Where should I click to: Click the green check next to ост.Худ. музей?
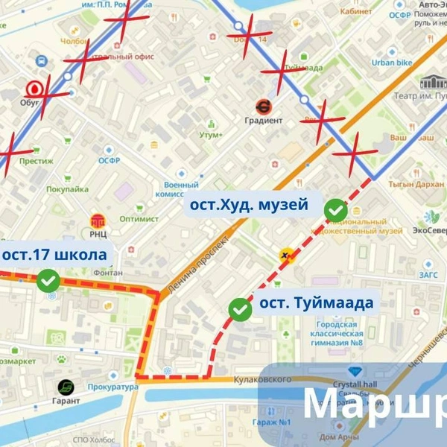(335, 210)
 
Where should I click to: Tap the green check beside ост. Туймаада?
(240, 308)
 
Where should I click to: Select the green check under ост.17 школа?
(49, 281)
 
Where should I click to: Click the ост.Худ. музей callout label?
(249, 205)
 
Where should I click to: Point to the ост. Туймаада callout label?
(316, 304)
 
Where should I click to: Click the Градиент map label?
(264, 120)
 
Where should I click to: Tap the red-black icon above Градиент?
(264, 107)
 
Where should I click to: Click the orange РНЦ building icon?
(98, 221)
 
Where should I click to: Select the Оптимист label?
(139, 219)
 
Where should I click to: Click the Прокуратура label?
(112, 387)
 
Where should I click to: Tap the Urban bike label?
(393, 63)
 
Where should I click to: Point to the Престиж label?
(36, 160)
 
